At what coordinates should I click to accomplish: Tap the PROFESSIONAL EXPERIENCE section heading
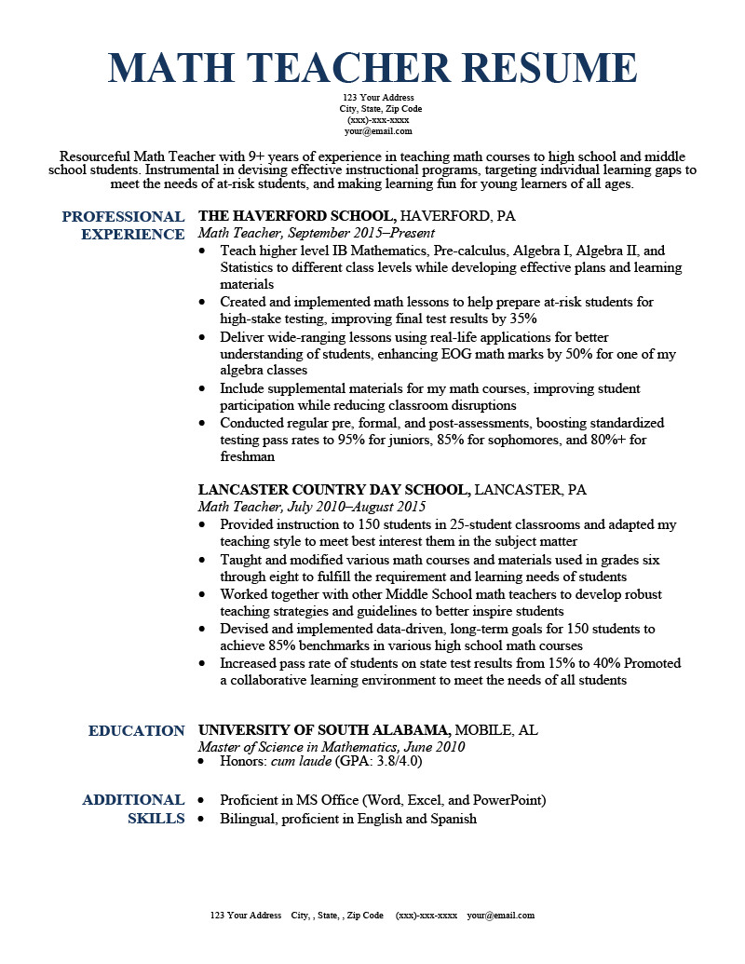(123, 225)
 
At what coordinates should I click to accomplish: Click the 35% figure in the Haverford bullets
(523, 319)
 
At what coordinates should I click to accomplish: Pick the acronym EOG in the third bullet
(503, 354)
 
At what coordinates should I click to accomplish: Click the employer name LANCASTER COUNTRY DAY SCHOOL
(332, 490)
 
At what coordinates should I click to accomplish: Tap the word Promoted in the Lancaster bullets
(653, 663)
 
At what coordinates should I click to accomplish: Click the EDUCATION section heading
(137, 731)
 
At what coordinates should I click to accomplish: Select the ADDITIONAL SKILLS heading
(133, 809)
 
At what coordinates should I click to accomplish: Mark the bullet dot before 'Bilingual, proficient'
(204, 820)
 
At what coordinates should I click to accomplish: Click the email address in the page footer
(501, 916)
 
